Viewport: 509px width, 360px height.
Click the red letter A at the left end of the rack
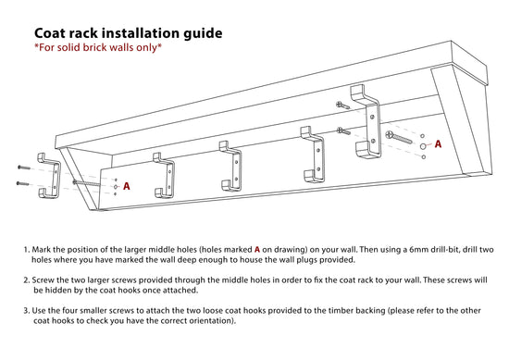126,186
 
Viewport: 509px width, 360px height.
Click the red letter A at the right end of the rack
438,144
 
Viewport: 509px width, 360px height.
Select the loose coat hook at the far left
46,176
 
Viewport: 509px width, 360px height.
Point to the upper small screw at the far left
23,168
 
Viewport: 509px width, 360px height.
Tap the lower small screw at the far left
23,183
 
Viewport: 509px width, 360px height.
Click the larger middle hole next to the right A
423,146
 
